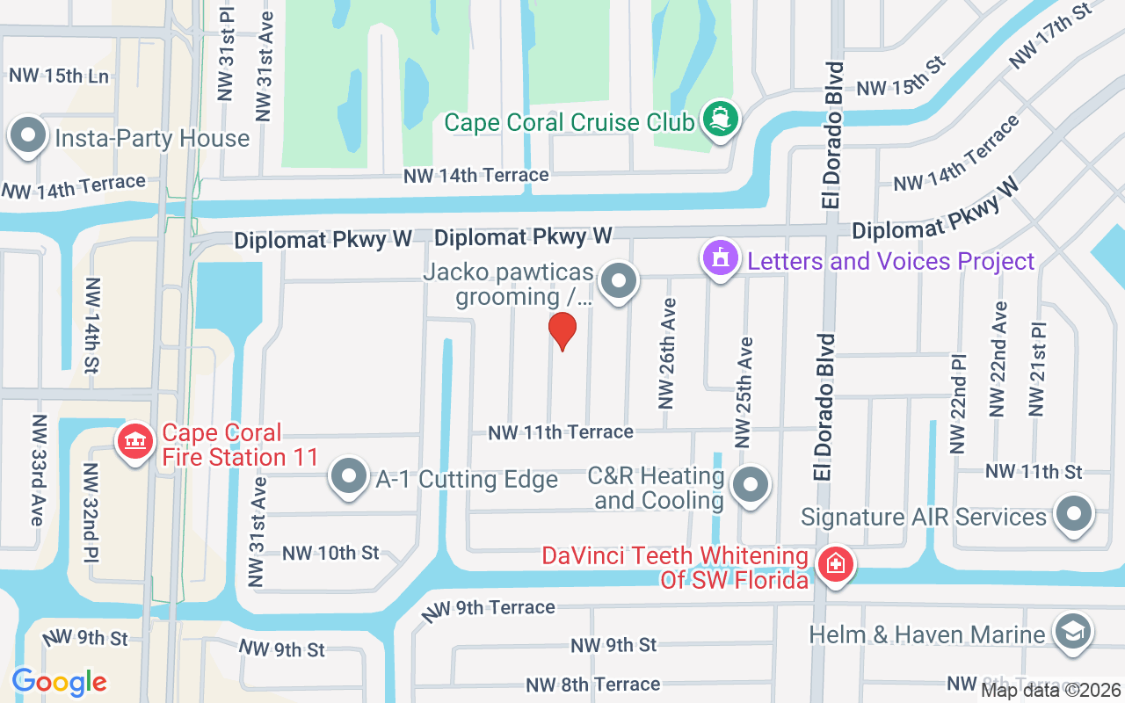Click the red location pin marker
(x=562, y=331)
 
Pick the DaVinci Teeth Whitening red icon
(x=835, y=563)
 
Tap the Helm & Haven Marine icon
(x=1072, y=633)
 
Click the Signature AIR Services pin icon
(x=1072, y=515)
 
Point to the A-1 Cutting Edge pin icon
(x=349, y=477)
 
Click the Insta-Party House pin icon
(x=29, y=136)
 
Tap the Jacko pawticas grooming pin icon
(x=619, y=282)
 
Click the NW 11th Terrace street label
(x=561, y=432)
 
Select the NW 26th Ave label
(x=668, y=354)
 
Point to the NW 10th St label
(x=330, y=554)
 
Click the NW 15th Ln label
(x=59, y=76)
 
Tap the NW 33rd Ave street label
(x=37, y=470)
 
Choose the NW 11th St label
(x=1034, y=472)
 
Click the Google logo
(x=60, y=681)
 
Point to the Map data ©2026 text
(x=1051, y=691)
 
